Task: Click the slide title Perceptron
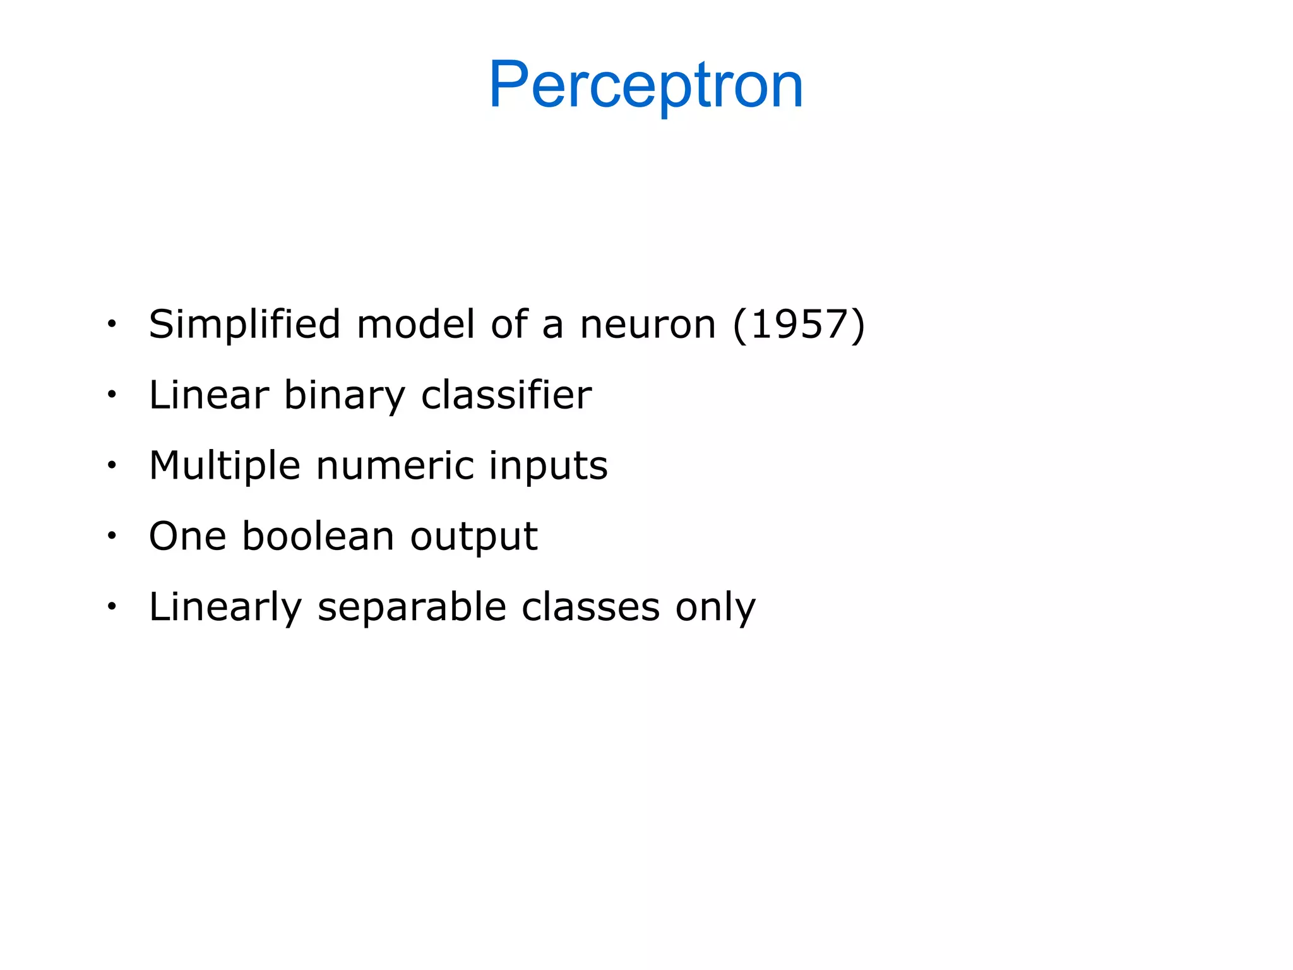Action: coord(646,85)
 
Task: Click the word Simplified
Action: coord(244,325)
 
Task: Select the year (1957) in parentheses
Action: coord(799,325)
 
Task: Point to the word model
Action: coord(415,325)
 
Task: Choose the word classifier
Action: coord(506,395)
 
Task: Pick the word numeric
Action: coord(395,466)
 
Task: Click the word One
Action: coord(188,537)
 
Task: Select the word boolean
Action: coord(318,537)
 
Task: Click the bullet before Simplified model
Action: coord(112,325)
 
